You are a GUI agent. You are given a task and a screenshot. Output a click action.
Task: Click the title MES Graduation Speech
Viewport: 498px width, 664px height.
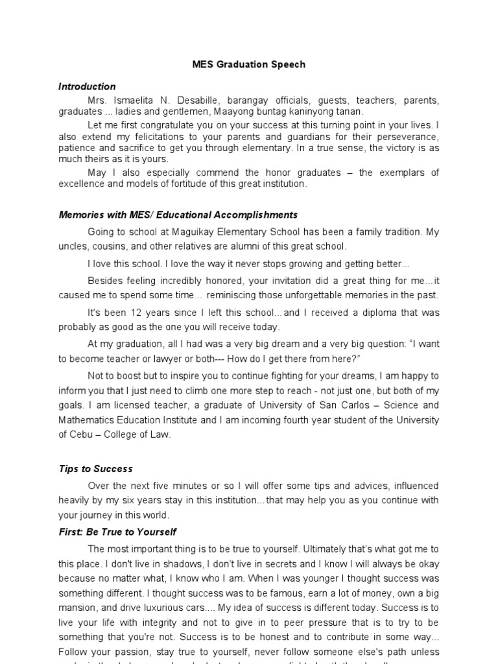[248, 65]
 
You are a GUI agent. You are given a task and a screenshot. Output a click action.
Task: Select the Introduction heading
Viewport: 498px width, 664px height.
[87, 86]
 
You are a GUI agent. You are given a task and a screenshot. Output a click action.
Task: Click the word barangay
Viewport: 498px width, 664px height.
[259, 101]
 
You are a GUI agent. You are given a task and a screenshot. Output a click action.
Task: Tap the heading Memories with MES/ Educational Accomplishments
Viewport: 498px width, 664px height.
[178, 215]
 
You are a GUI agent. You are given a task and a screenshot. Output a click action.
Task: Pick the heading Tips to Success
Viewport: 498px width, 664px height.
[95, 469]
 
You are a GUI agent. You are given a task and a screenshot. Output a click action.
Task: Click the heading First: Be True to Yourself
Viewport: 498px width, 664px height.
[117, 532]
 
